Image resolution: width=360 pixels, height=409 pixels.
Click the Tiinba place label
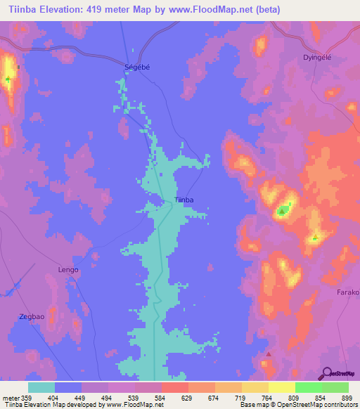[184, 200]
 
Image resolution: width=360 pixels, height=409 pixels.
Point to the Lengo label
[68, 270]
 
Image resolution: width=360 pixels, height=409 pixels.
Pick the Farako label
[347, 292]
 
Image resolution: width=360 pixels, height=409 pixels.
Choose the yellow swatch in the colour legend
[281, 387]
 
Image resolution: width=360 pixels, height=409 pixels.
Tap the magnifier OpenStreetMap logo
[328, 373]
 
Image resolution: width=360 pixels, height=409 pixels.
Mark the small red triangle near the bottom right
[269, 353]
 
